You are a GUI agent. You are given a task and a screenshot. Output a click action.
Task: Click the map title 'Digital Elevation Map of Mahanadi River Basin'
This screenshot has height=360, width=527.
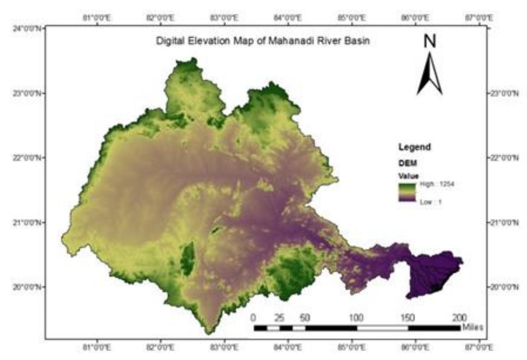coord(263,41)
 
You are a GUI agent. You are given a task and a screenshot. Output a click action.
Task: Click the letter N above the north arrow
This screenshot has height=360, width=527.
coord(430,41)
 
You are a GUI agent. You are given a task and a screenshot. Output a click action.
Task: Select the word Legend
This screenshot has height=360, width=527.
coord(414,147)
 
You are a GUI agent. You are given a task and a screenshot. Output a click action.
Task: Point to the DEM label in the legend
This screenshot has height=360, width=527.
coord(408,163)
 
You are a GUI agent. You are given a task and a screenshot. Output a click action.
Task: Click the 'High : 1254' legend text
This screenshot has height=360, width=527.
coord(437,184)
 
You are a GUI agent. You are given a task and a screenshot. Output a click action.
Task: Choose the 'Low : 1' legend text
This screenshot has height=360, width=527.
coord(431,202)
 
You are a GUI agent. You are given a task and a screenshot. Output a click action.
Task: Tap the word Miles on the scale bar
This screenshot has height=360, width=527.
coord(472,327)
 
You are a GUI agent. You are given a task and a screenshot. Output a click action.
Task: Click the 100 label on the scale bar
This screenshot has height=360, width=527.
coord(356,318)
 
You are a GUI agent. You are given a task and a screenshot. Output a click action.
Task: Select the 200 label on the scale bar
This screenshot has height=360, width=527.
coord(459,318)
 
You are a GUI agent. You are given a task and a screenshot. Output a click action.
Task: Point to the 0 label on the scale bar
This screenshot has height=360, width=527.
coord(254,318)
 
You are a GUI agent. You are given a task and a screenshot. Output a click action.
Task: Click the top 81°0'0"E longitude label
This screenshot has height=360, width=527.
coord(97,18)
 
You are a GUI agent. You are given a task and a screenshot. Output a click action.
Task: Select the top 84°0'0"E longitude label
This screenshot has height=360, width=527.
coord(288,18)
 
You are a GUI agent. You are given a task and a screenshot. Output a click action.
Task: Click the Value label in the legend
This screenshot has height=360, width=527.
coord(408,176)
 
